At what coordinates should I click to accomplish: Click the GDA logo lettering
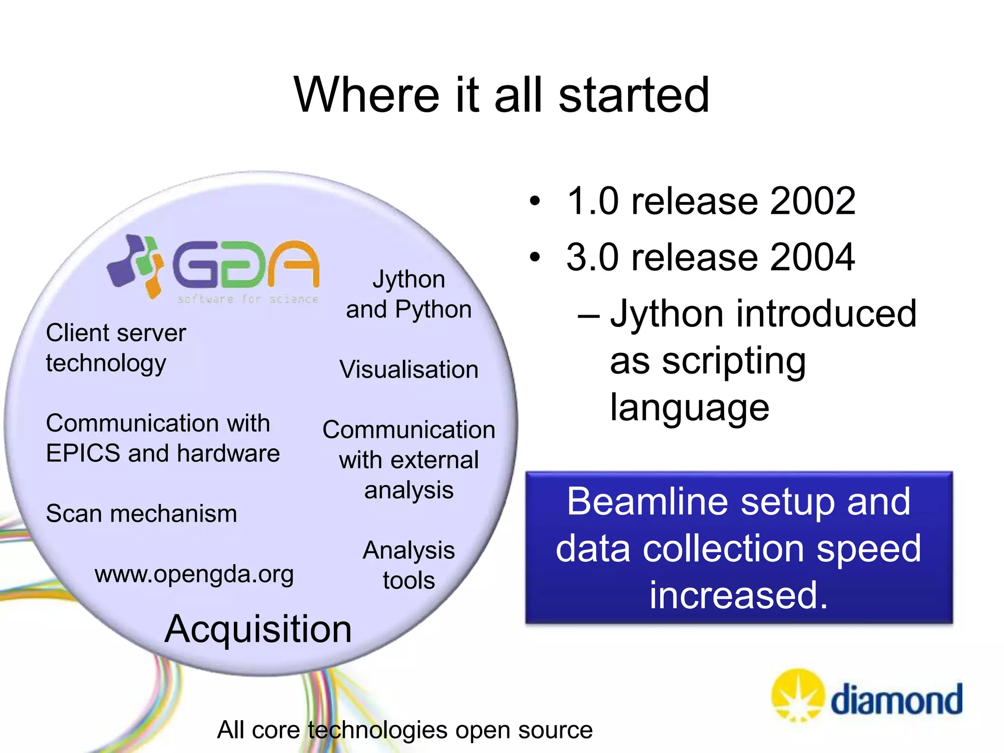point(245,265)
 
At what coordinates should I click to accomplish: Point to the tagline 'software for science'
point(248,299)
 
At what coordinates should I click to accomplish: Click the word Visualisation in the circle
point(409,370)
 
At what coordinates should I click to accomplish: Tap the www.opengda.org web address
point(194,574)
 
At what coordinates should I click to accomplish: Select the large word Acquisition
point(258,629)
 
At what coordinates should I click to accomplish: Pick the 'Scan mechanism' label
point(141,514)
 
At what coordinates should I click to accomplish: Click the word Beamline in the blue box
point(647,502)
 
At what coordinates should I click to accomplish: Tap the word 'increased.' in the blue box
point(739,595)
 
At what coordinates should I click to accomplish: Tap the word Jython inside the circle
point(409,279)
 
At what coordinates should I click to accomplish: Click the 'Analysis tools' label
point(409,565)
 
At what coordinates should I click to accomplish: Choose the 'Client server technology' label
point(116,348)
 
